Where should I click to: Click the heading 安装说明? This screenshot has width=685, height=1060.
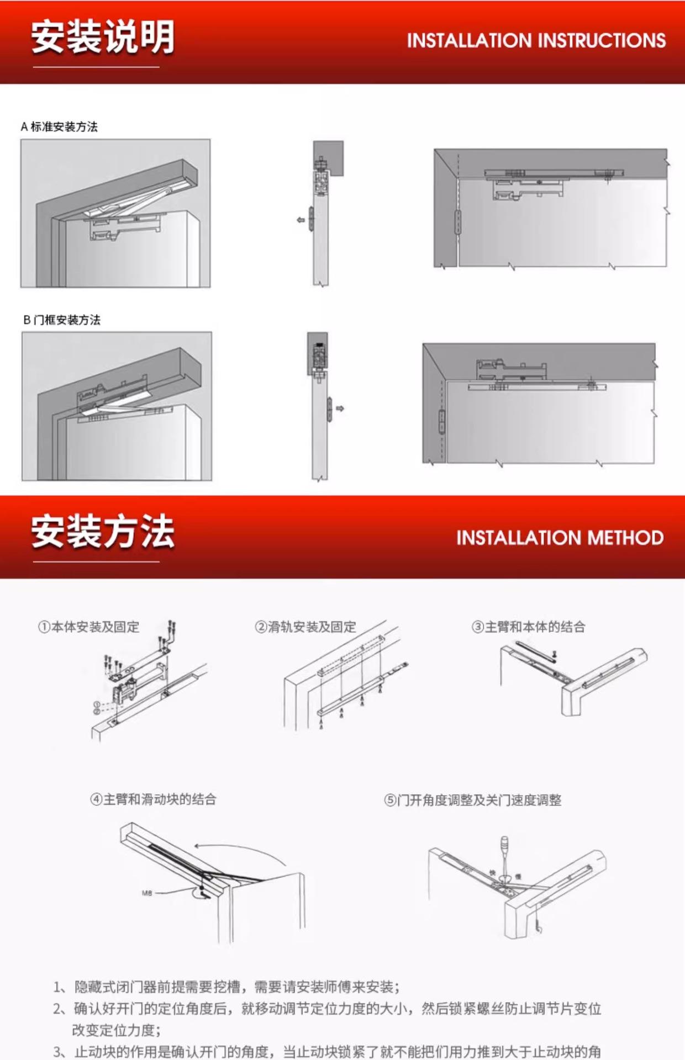[x=103, y=38]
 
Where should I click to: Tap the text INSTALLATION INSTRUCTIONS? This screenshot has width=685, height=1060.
[x=536, y=40]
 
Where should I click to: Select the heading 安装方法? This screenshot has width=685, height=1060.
[x=103, y=532]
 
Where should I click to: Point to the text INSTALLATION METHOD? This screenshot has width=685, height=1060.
[x=560, y=538]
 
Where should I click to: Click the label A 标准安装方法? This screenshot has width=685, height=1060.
[x=59, y=127]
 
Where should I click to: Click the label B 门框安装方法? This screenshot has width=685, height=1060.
[x=62, y=320]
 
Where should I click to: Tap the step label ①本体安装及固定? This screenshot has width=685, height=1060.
[x=88, y=627]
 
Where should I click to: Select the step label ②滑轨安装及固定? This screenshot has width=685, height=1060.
[x=305, y=627]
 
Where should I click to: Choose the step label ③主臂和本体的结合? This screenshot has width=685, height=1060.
[x=528, y=627]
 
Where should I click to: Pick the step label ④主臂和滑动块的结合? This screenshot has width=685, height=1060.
[x=153, y=799]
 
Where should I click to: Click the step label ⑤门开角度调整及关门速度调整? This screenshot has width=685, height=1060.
[x=473, y=801]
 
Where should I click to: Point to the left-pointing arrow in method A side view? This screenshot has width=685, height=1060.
[x=301, y=220]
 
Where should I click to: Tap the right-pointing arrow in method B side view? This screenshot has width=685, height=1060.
[x=340, y=409]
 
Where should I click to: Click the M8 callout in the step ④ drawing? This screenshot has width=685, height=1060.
[x=147, y=893]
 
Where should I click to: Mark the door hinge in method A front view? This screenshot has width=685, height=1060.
[x=457, y=222]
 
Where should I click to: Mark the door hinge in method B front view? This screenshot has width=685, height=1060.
[x=441, y=421]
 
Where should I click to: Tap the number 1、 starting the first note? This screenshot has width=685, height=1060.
[x=59, y=987]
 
